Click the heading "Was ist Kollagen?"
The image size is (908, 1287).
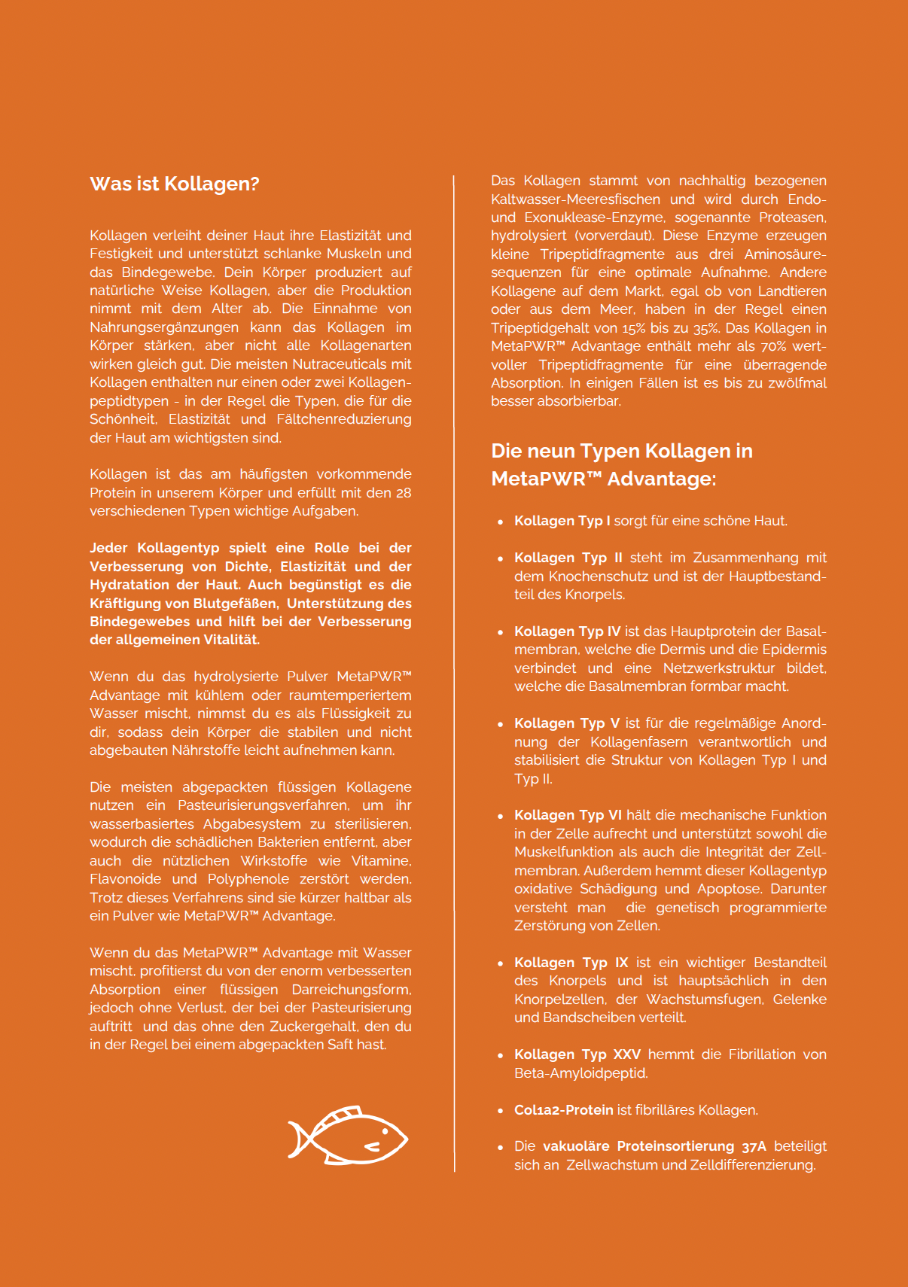(174, 184)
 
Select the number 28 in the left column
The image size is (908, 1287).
(404, 493)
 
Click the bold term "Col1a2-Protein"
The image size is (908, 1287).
(563, 1110)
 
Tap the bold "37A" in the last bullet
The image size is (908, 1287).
(754, 1146)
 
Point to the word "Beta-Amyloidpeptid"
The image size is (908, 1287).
(580, 1073)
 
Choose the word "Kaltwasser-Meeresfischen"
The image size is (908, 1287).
(575, 199)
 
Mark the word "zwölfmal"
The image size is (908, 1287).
(797, 383)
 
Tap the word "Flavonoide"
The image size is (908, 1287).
(126, 879)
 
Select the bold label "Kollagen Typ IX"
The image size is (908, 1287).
(571, 963)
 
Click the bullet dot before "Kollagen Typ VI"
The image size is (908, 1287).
(500, 817)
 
